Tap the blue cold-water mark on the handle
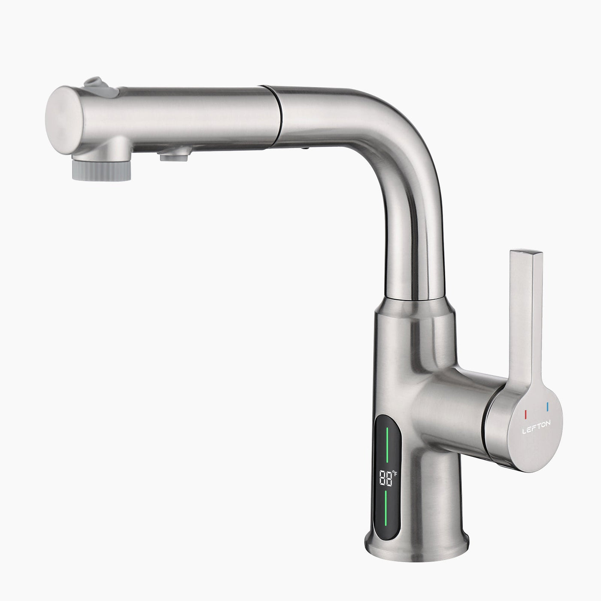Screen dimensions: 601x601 (x=547, y=406)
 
